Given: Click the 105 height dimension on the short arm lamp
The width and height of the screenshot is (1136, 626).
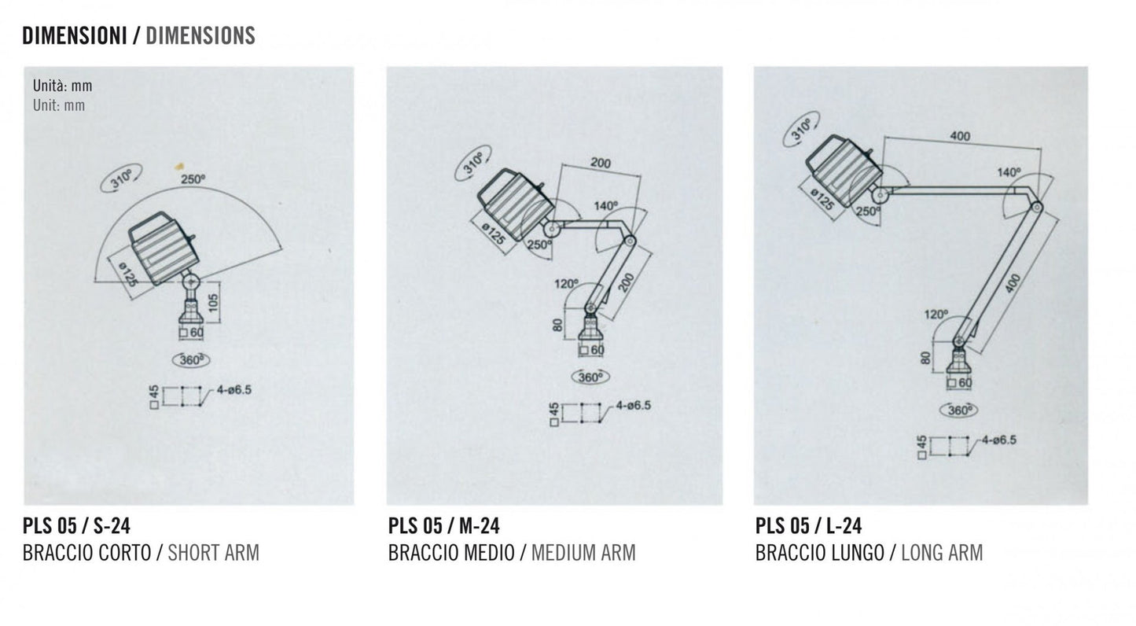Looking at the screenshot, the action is (213, 303).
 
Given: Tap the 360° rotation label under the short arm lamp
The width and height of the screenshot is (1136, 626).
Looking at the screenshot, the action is (191, 360).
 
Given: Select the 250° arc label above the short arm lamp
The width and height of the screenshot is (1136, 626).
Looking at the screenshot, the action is (193, 179).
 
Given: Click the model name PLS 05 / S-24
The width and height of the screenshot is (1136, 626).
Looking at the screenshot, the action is (76, 525).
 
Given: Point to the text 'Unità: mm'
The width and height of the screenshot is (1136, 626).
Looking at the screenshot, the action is (62, 86).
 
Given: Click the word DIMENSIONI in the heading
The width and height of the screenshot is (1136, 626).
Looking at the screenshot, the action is (75, 35).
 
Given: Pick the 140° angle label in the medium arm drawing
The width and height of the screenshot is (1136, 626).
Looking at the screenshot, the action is (606, 206).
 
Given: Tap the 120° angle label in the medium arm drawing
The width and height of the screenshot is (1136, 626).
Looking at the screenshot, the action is (566, 284).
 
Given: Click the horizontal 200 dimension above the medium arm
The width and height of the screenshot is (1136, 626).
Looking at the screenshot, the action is (601, 164).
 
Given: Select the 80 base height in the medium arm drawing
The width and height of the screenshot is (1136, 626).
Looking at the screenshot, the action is (557, 325).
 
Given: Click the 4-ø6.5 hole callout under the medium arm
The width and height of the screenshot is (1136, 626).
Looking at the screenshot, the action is (633, 406).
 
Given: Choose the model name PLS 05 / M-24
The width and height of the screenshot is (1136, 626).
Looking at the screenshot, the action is (443, 525).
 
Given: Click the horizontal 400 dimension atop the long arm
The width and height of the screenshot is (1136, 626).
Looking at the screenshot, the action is (960, 136).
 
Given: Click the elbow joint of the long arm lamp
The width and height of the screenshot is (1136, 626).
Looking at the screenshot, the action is (1037, 207).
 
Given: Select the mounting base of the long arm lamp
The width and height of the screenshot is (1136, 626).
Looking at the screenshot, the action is (959, 364).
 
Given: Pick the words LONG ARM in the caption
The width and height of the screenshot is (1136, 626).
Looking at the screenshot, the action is (942, 552).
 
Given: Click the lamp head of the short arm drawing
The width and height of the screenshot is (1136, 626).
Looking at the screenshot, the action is (164, 248).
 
